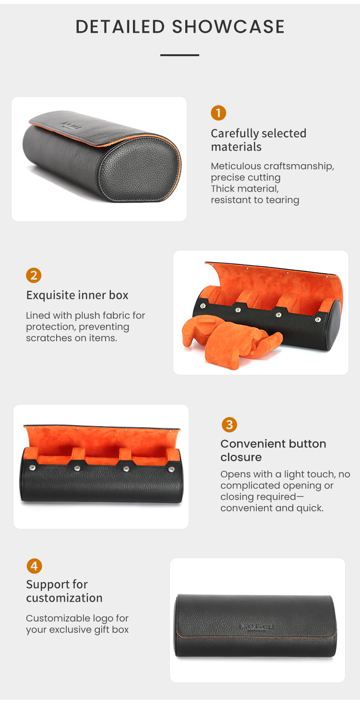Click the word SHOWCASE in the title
pyautogui.click(x=228, y=26)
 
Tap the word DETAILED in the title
pyautogui.click(x=120, y=26)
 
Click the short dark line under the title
pyautogui.click(x=180, y=55)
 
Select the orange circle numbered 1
pyautogui.click(x=218, y=113)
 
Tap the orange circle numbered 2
pyautogui.click(x=34, y=275)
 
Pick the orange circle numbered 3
pyautogui.click(x=229, y=425)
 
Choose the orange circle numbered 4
pyautogui.click(x=34, y=566)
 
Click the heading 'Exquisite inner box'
pyautogui.click(x=77, y=295)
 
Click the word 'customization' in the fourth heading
pyautogui.click(x=64, y=598)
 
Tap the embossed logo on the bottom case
pyautogui.click(x=256, y=627)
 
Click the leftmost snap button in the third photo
pyautogui.click(x=32, y=468)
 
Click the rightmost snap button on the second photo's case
pyautogui.click(x=318, y=320)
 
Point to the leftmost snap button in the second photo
pyautogui.click(x=203, y=306)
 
